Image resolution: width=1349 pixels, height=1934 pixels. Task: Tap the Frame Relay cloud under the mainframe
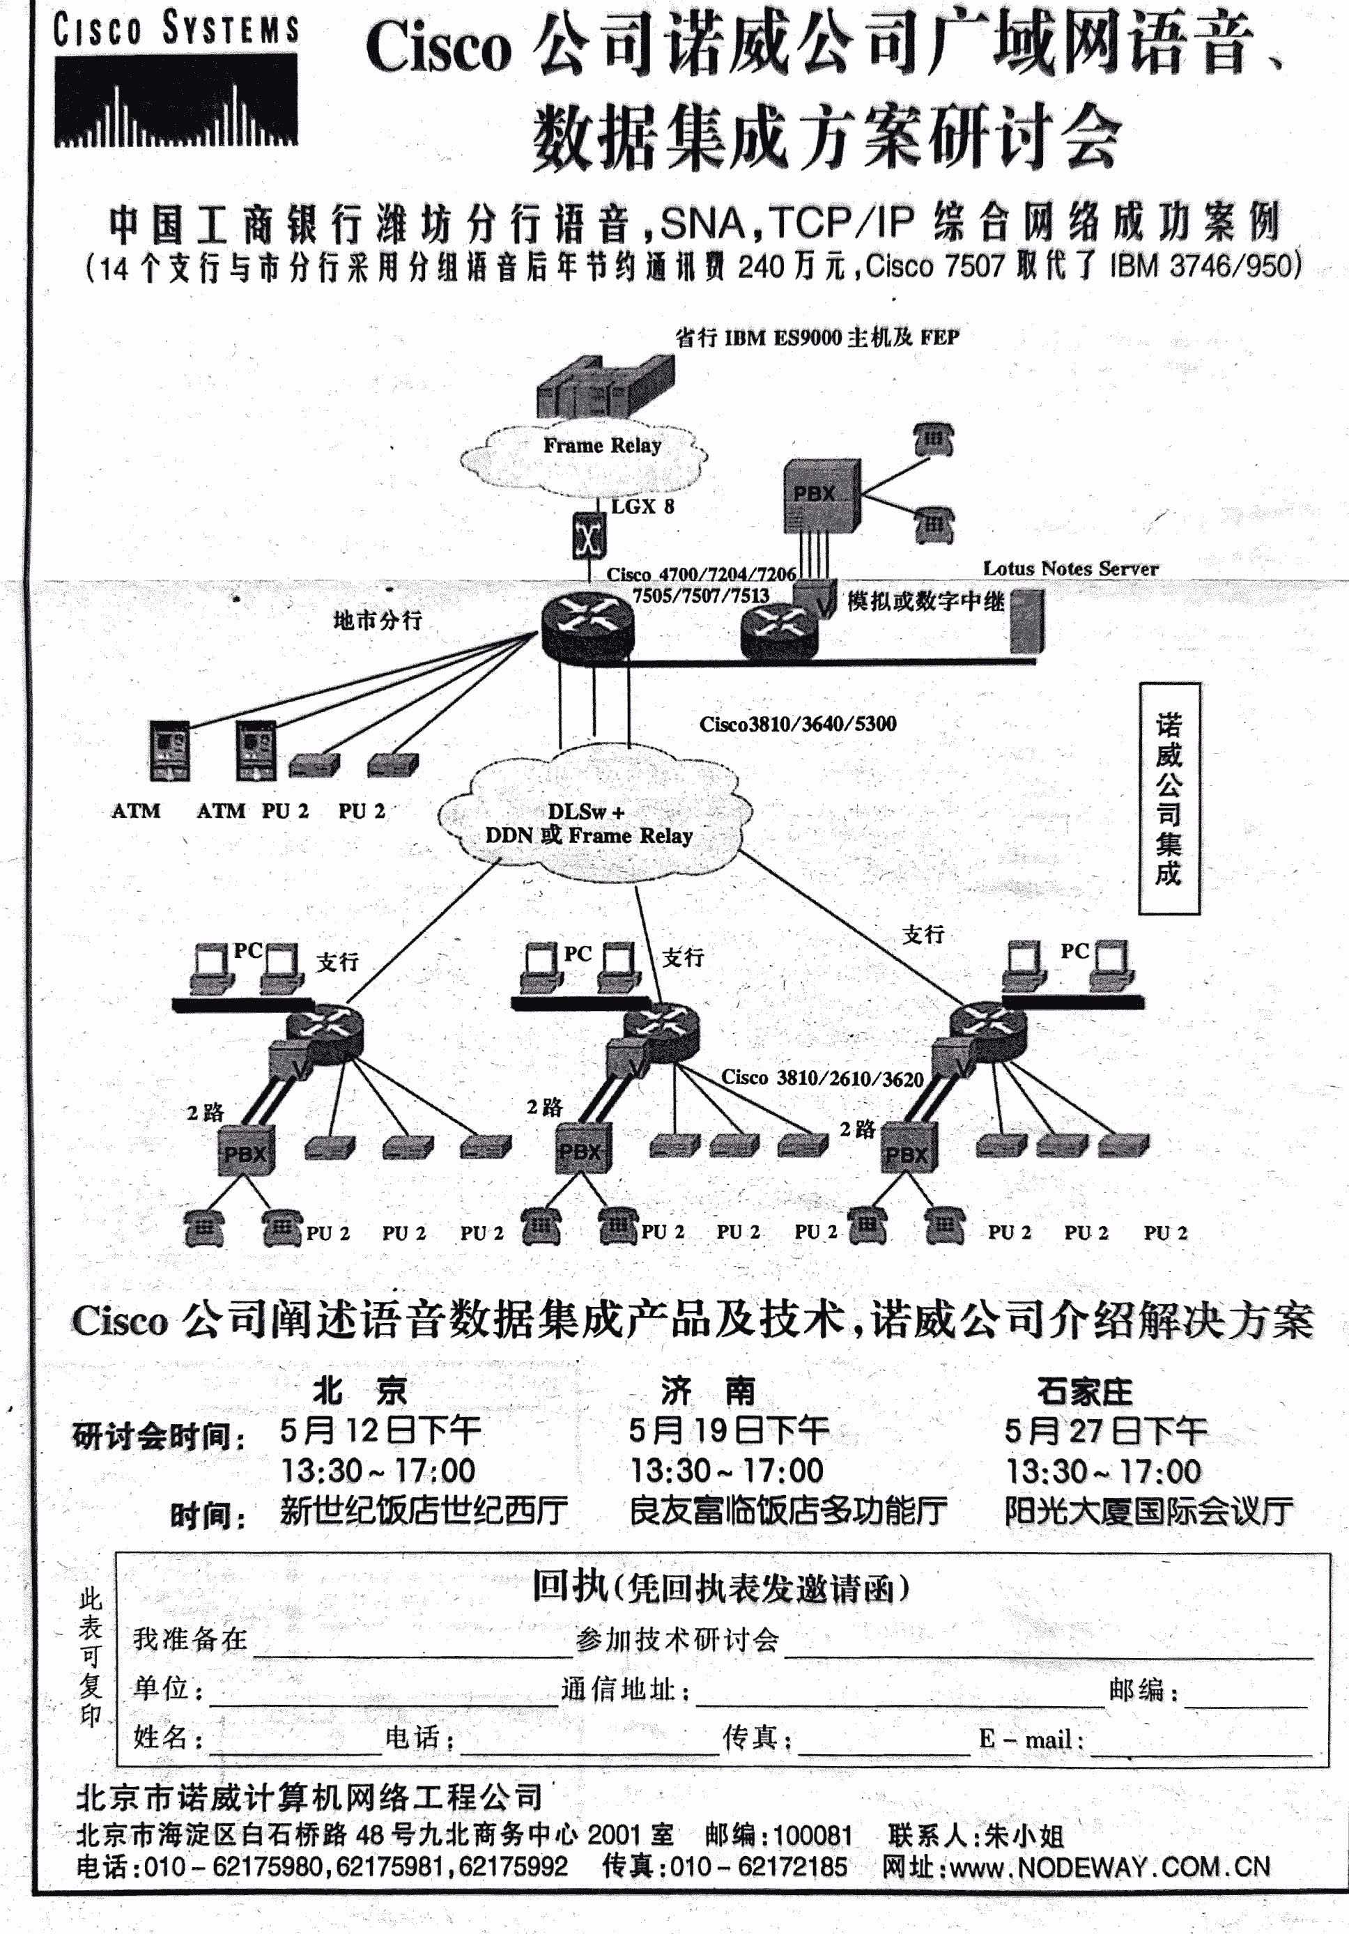tap(585, 459)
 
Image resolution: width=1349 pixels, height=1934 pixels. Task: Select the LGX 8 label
tap(642, 506)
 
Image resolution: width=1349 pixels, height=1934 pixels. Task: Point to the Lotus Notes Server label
tap(1070, 568)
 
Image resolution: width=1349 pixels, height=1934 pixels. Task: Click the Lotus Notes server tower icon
tap(1026, 621)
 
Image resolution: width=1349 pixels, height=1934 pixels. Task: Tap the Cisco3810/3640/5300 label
tap(797, 724)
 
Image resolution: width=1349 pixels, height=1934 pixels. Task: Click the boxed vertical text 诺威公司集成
tap(1169, 798)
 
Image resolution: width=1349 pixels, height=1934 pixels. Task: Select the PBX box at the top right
tap(820, 495)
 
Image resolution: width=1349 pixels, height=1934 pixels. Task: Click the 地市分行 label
tap(377, 621)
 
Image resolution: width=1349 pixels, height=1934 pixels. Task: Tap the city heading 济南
tap(707, 1391)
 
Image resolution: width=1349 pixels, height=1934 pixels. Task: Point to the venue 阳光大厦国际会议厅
tap(1148, 1511)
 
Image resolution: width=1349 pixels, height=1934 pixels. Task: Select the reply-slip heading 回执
tap(569, 1587)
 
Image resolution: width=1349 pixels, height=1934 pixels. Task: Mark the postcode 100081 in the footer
tap(812, 1834)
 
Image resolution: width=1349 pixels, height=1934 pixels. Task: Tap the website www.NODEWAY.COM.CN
tap(1110, 1867)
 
